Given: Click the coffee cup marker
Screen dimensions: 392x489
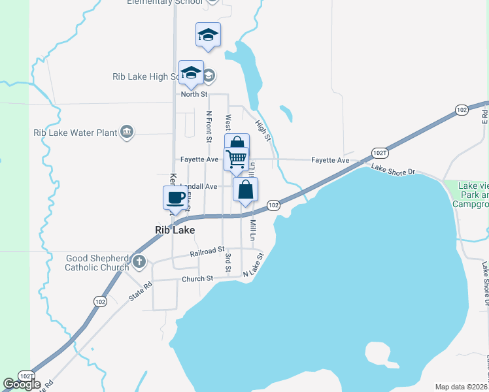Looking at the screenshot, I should (x=175, y=198).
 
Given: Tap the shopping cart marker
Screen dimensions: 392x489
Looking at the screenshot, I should (x=236, y=158).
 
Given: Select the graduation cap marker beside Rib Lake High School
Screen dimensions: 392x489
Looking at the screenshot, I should (x=191, y=73).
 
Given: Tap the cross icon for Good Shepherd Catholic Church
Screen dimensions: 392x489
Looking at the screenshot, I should (x=139, y=263).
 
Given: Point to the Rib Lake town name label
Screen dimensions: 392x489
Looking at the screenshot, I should (x=175, y=230).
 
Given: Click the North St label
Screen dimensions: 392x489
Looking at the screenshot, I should (x=194, y=95).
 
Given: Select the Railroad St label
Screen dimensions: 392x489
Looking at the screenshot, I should (x=207, y=251).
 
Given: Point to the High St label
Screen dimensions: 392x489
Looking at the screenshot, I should (x=263, y=129).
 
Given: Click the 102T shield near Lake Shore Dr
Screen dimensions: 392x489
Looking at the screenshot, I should (x=380, y=152).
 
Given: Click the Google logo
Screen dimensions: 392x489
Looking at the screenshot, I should (x=22, y=384).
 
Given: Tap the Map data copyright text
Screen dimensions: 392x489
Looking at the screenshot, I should (x=460, y=387).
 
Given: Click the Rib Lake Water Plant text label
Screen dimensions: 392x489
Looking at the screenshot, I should (x=75, y=133).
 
